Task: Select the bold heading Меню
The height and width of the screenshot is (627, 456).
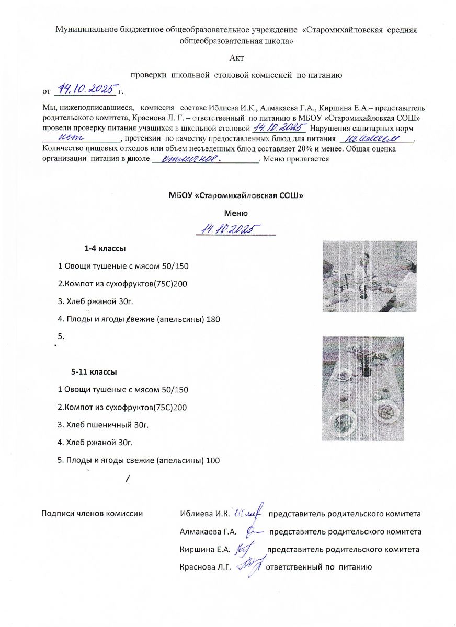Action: [x=236, y=213]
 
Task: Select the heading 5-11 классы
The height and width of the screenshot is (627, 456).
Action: [x=94, y=373]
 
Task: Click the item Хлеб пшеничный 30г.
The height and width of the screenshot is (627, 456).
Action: [x=107, y=425]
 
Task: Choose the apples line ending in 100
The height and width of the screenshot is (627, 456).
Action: [x=138, y=460]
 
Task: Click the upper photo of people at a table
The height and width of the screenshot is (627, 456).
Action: [x=369, y=275]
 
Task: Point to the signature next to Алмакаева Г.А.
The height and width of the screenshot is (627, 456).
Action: [x=253, y=531]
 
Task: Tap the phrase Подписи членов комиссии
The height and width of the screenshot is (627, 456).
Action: [x=92, y=514]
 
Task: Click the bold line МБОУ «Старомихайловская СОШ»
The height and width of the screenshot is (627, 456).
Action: [x=236, y=195]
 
